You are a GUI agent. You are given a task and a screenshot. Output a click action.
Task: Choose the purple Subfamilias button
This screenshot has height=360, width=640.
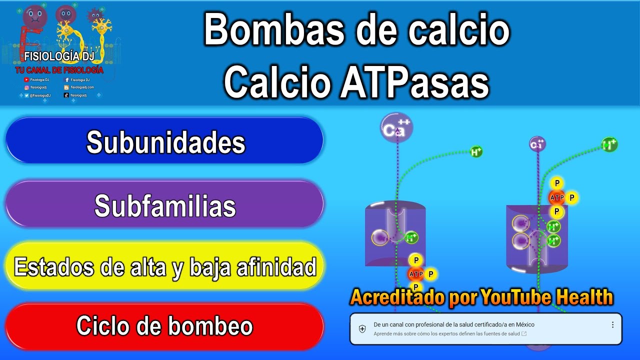[165, 205]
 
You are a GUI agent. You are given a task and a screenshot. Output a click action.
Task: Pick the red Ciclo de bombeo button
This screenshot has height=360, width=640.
[165, 326]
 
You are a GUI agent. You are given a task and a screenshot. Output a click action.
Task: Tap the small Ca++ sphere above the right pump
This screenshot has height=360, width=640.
[537, 144]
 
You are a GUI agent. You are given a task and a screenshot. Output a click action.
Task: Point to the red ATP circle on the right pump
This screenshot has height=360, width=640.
[556, 198]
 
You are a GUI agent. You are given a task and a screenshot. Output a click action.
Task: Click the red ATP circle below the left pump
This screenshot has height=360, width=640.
[416, 274]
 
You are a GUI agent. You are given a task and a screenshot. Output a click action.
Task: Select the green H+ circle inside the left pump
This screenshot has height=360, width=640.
[411, 237]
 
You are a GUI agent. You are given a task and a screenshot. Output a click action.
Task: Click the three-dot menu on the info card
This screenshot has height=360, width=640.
[612, 324]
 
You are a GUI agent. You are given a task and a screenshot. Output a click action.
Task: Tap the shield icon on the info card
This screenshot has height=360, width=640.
[362, 328]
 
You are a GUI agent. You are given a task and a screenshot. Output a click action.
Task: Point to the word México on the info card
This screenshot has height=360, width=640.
[524, 324]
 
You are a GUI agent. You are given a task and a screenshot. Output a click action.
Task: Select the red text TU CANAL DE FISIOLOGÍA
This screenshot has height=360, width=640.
[59, 70]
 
